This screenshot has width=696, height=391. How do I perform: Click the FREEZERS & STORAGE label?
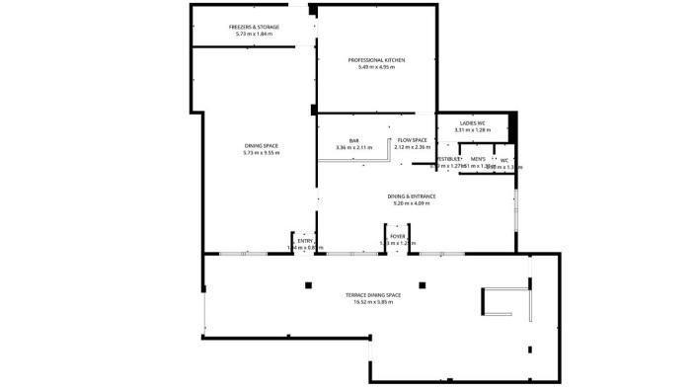(x=254, y=27)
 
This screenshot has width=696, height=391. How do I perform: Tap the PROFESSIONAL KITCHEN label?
(x=376, y=60)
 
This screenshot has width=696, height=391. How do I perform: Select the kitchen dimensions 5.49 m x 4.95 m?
(x=376, y=67)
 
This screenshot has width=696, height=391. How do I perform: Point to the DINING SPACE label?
(x=262, y=146)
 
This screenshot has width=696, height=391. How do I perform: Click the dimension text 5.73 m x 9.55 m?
(x=262, y=153)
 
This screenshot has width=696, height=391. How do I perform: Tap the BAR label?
(x=353, y=140)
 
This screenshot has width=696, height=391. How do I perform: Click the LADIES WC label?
(x=472, y=123)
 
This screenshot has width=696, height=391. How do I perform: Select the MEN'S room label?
(x=478, y=159)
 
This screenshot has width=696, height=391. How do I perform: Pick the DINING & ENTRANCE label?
(x=414, y=195)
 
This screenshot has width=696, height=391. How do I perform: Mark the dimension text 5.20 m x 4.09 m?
(x=414, y=202)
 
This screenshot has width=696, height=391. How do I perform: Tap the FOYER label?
(x=398, y=236)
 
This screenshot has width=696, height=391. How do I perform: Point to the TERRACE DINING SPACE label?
(x=372, y=295)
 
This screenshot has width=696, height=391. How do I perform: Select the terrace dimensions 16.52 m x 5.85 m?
(x=372, y=302)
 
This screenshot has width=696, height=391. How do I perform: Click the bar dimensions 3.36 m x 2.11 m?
(x=353, y=147)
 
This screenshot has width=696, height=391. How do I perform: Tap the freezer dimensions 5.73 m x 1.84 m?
(x=254, y=34)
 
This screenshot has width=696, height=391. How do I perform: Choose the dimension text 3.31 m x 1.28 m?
(x=472, y=130)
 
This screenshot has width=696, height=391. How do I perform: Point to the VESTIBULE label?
(x=449, y=159)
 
